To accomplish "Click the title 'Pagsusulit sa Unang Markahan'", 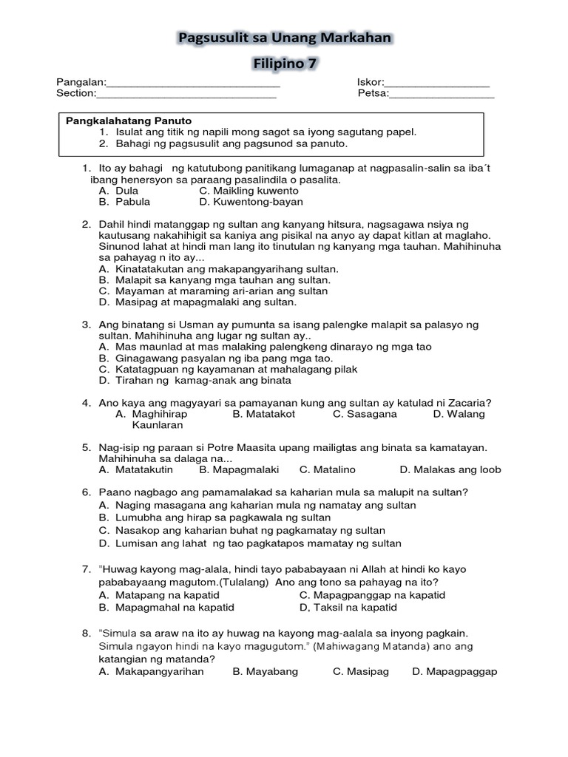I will tap(285, 37).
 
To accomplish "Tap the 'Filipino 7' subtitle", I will tap(285, 64).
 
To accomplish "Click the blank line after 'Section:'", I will tap(186, 94).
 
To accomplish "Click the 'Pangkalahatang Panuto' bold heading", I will tap(129, 120).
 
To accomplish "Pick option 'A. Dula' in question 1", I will tap(118, 190).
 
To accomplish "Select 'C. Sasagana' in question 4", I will tap(365, 414).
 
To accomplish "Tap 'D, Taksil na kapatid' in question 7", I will tap(348, 608).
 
